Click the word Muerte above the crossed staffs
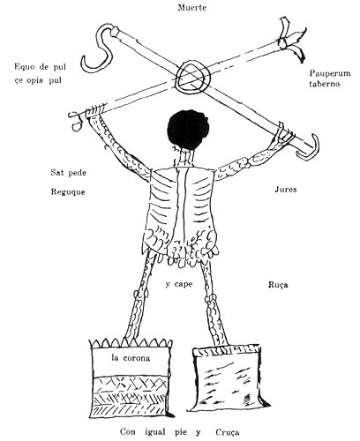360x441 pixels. [x=191, y=8]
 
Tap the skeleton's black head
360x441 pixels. [x=188, y=129]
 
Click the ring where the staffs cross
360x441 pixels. [x=193, y=76]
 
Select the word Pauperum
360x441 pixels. [x=330, y=74]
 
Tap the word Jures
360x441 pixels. [x=286, y=190]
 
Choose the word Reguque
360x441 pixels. [x=68, y=192]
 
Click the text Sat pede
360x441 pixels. [x=69, y=173]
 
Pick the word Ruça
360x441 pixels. [x=278, y=285]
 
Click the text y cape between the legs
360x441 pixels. [x=179, y=284]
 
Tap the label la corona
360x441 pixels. [x=131, y=358]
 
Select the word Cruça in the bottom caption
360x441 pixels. [x=227, y=432]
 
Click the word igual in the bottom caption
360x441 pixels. [x=154, y=432]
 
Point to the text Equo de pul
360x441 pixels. [x=40, y=67]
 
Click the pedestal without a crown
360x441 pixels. [x=227, y=377]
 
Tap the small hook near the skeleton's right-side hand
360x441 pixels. [x=309, y=148]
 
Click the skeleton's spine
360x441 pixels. [x=182, y=203]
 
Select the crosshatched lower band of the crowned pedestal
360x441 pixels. [x=130, y=396]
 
